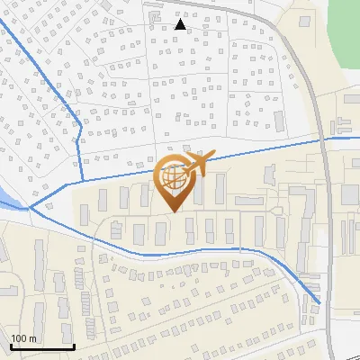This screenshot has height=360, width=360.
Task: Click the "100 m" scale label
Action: pyautogui.click(x=23, y=337)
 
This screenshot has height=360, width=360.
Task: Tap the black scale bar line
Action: pyautogui.click(x=41, y=346)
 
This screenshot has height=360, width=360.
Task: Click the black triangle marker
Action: pyautogui.click(x=180, y=25)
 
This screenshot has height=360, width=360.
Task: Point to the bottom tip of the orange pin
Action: pyautogui.click(x=173, y=212)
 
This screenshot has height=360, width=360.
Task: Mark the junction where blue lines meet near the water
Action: pyautogui.click(x=30, y=207)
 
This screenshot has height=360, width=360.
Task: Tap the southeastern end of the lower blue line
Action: pyautogui.click(x=319, y=302)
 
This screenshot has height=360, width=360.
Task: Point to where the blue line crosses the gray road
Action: pyautogui.click(x=321, y=139)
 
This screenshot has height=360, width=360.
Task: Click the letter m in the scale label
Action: pyautogui.click(x=32, y=337)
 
